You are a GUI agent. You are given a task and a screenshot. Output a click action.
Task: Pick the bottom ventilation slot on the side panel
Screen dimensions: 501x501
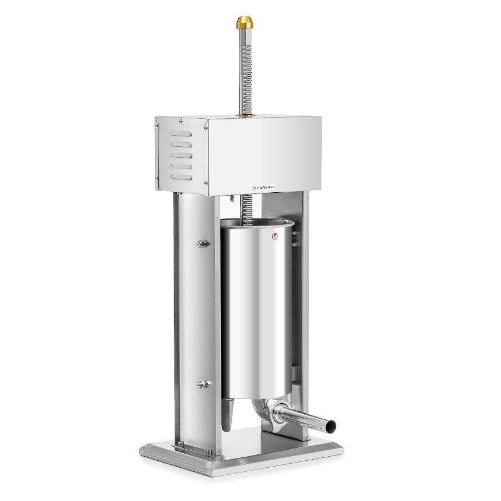pyautogui.click(x=181, y=174)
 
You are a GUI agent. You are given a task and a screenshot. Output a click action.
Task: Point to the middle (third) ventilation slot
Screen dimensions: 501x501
pyautogui.click(x=181, y=154)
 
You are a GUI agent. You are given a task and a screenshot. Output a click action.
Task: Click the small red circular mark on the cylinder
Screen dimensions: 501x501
pyautogui.click(x=276, y=237)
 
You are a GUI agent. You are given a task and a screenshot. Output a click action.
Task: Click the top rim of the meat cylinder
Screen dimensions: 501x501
pyautogui.click(x=256, y=223)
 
